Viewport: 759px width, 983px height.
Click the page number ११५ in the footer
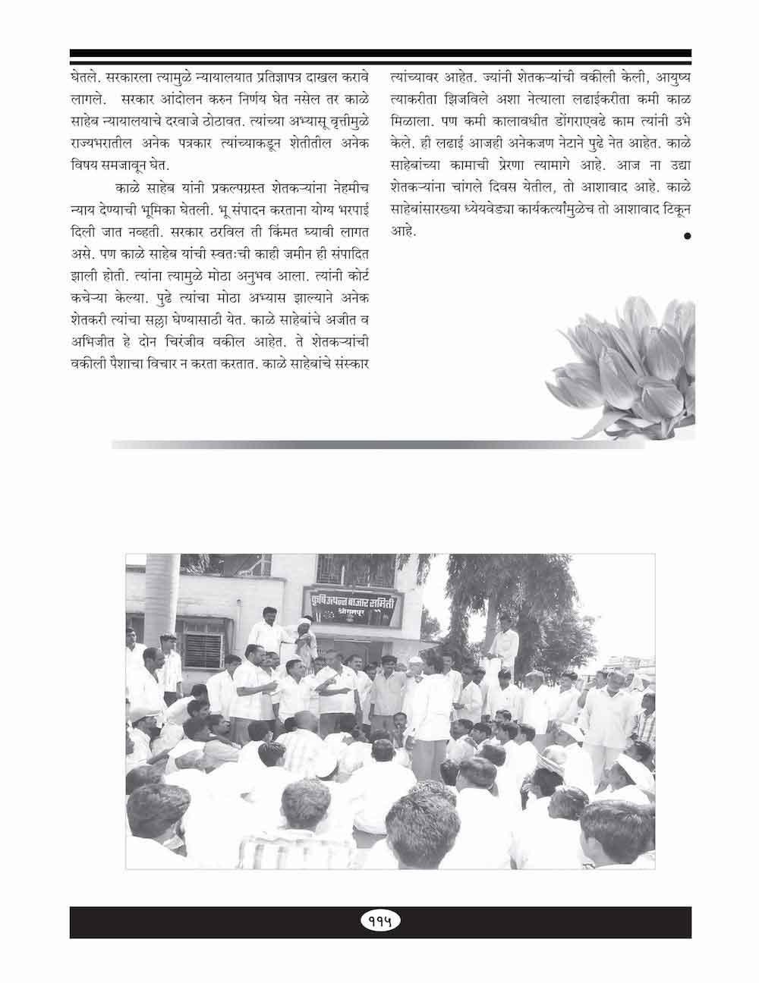(x=379, y=921)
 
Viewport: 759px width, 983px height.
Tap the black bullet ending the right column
(x=687, y=237)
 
